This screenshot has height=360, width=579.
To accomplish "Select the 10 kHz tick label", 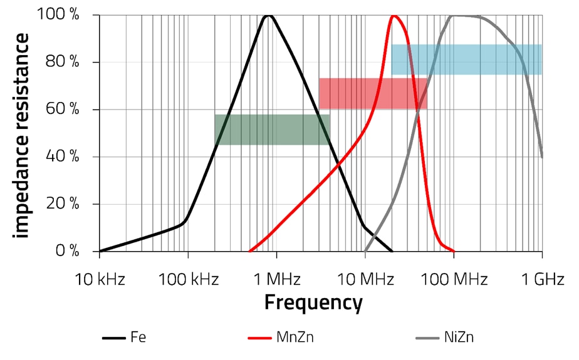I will [100, 279].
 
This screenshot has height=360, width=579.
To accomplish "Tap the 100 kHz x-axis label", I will [187, 279].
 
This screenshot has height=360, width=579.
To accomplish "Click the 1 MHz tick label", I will [276, 279].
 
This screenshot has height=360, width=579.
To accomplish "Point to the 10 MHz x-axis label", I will [364, 279].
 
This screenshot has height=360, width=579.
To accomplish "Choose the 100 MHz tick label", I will [453, 279].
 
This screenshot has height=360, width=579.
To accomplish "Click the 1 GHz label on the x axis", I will [543, 279].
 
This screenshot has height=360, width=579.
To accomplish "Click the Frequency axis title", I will [313, 303].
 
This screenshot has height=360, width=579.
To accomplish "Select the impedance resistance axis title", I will [23, 135].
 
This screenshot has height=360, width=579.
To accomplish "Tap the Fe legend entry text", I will [138, 338].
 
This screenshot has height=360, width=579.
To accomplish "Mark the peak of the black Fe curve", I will [269, 15].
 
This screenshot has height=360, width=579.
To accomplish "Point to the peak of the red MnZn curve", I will [394, 16].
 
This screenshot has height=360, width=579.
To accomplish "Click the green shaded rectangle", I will [271, 130].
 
